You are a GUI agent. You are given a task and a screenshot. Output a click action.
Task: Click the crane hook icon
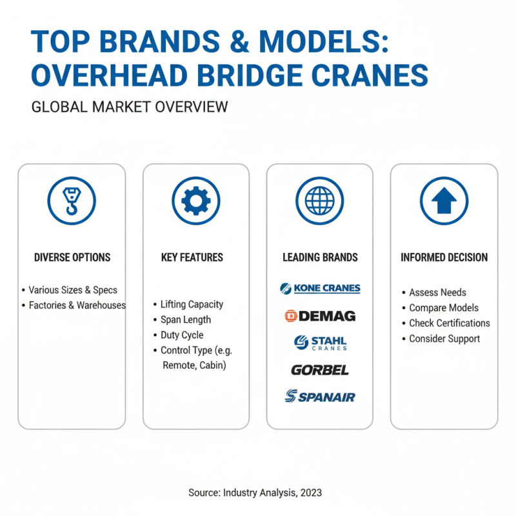click(x=72, y=201)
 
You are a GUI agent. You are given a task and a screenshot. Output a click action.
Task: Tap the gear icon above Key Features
click(x=195, y=201)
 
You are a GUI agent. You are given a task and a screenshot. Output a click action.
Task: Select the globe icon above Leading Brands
click(x=319, y=201)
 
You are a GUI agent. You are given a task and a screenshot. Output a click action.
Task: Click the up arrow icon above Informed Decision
click(x=444, y=201)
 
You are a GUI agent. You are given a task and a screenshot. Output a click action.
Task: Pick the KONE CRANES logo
click(x=320, y=288)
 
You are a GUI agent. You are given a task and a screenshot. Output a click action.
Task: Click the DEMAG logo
click(x=320, y=316)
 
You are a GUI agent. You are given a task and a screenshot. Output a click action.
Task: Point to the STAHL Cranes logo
click(x=320, y=342)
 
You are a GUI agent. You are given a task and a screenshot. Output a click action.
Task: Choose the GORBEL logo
click(x=320, y=370)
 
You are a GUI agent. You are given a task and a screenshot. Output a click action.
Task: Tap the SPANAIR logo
click(x=320, y=397)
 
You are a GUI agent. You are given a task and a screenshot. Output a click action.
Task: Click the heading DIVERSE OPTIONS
click(x=72, y=257)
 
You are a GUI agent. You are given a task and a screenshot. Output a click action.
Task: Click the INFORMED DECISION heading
click(x=444, y=257)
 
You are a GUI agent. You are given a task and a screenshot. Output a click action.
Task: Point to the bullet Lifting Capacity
click(x=191, y=304)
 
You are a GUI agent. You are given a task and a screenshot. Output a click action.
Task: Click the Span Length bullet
click(x=185, y=319)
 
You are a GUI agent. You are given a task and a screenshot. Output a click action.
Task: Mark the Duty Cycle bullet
click(x=181, y=335)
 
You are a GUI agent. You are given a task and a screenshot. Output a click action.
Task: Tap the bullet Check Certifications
click(x=449, y=323)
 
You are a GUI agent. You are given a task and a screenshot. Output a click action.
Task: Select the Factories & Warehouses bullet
click(x=77, y=305)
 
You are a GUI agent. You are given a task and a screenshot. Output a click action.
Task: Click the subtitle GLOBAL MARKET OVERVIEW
click(x=130, y=106)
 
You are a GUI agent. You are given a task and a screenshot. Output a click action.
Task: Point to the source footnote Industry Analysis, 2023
click(x=255, y=492)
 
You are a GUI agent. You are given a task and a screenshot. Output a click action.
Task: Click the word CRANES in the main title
click(x=364, y=75)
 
